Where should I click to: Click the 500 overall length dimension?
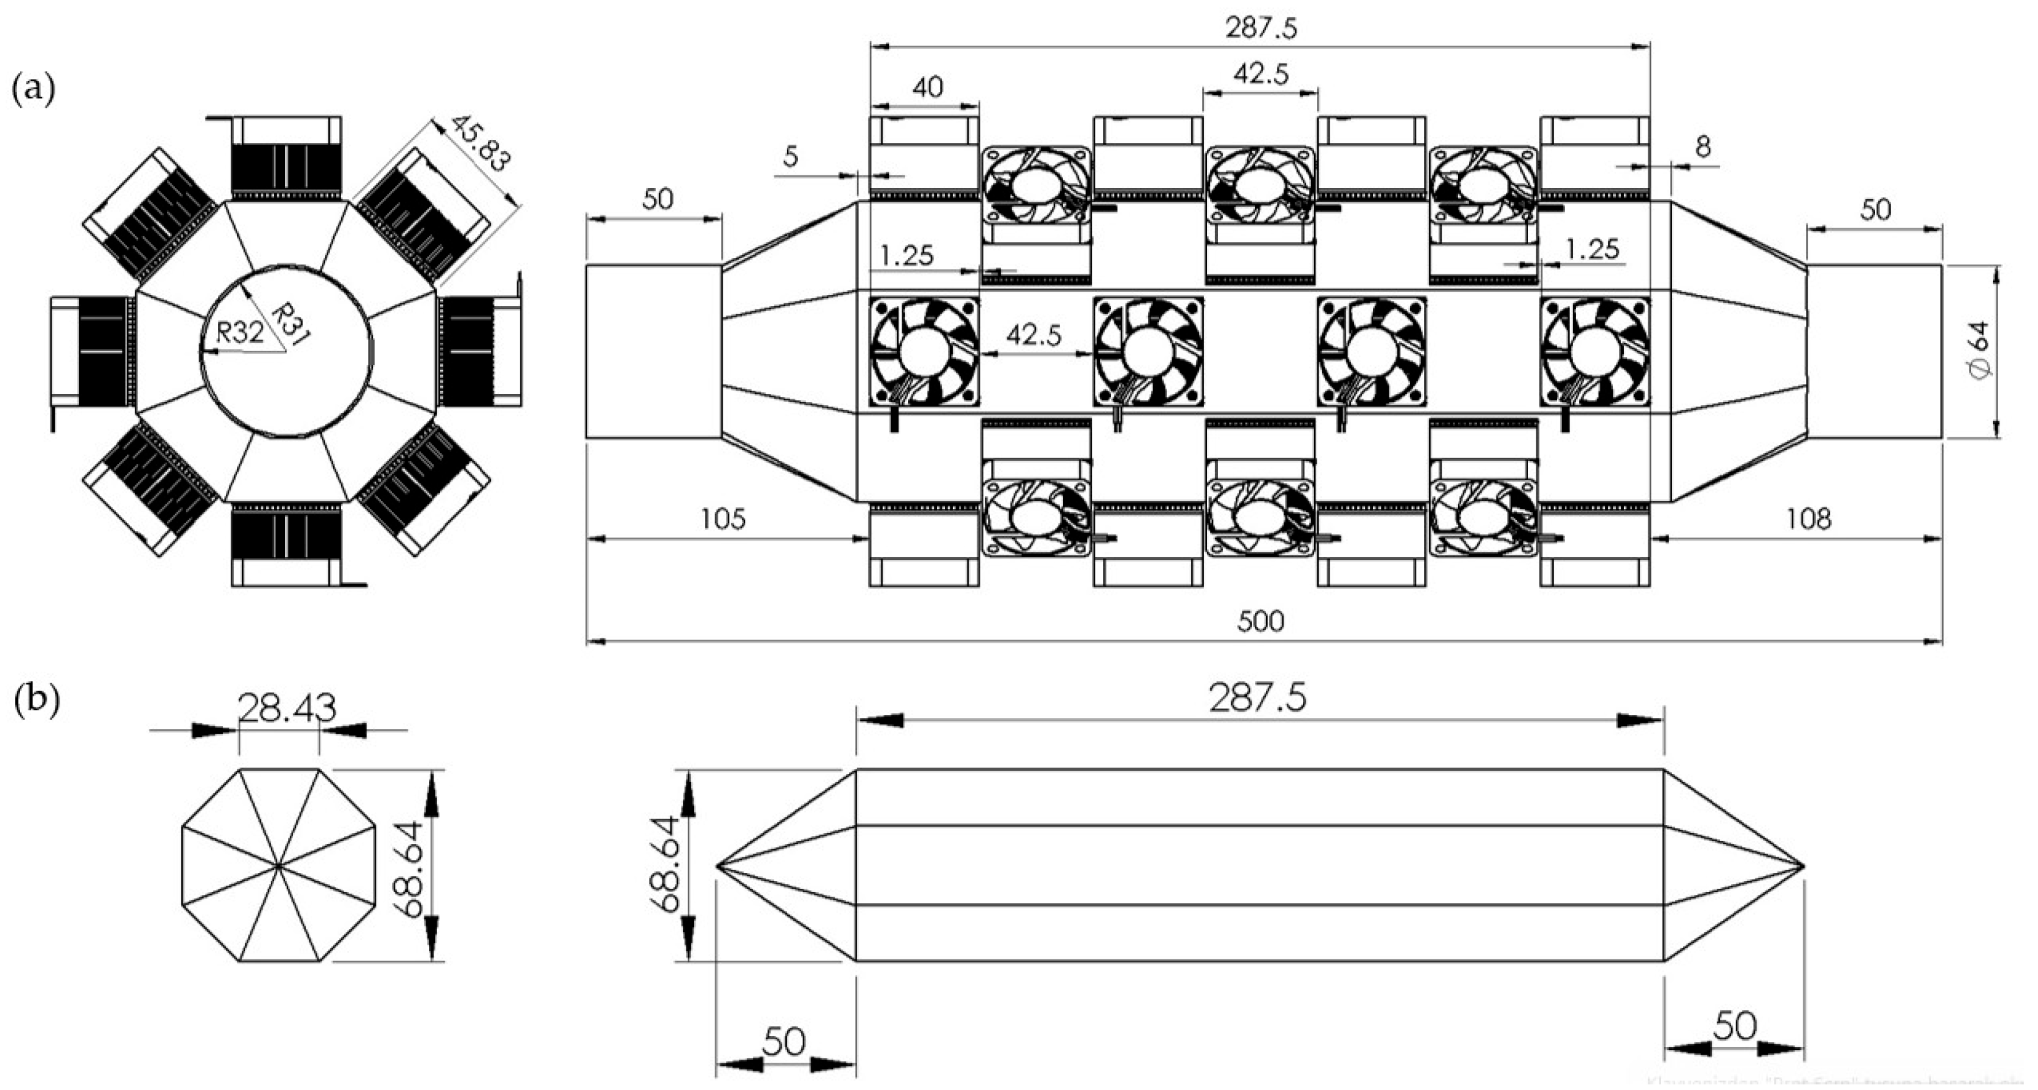pyautogui.click(x=1261, y=622)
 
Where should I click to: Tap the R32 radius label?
pyautogui.click(x=240, y=332)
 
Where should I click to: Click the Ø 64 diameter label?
pyautogui.click(x=1983, y=352)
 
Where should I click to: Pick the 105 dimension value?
pyautogui.click(x=724, y=519)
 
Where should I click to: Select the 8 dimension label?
pyautogui.click(x=1703, y=146)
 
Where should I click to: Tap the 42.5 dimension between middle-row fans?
pyautogui.click(x=1034, y=336)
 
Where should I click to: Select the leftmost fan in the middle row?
pyautogui.click(x=924, y=352)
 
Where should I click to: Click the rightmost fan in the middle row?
pyautogui.click(x=1595, y=352)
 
